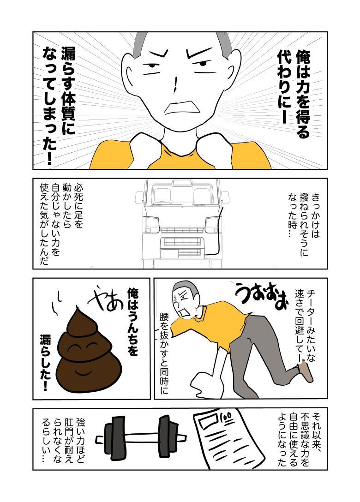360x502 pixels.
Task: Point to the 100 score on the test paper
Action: [x=226, y=418]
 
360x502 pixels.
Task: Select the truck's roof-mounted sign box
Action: [x=181, y=183]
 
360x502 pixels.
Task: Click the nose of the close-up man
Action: [x=175, y=84]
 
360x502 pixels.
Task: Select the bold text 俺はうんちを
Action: [x=132, y=322]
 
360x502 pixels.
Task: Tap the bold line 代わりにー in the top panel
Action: [x=284, y=86]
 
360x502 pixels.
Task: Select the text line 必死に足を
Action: [x=78, y=205]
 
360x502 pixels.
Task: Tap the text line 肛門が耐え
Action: [x=69, y=440]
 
